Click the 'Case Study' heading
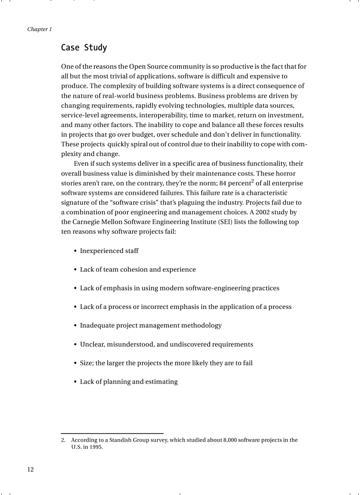click(x=84, y=48)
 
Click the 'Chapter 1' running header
click(x=39, y=30)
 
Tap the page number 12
click(x=30, y=469)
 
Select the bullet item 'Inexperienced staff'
click(x=109, y=251)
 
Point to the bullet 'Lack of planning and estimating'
click(x=128, y=382)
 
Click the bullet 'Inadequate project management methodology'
click(x=150, y=326)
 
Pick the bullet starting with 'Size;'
click(x=166, y=363)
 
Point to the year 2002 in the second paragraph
click(x=263, y=212)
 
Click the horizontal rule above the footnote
click(x=112, y=433)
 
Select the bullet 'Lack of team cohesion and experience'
click(x=138, y=269)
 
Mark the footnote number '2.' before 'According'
click(x=63, y=440)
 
